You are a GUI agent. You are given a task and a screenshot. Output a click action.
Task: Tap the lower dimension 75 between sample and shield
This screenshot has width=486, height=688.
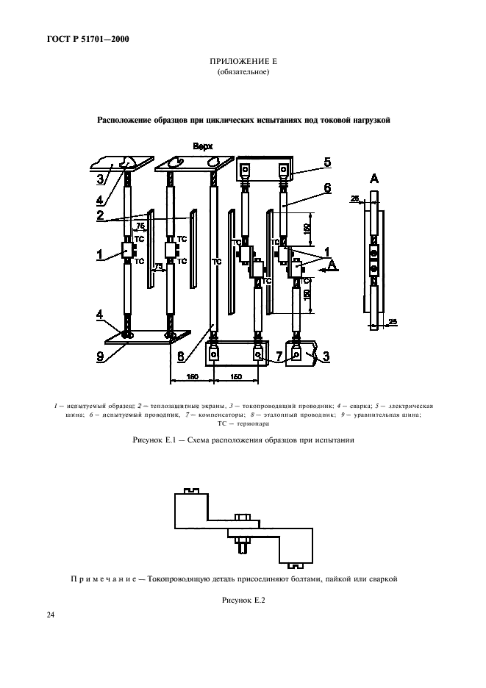click(x=157, y=266)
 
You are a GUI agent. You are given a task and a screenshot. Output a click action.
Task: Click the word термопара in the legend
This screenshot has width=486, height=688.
click(x=254, y=423)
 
